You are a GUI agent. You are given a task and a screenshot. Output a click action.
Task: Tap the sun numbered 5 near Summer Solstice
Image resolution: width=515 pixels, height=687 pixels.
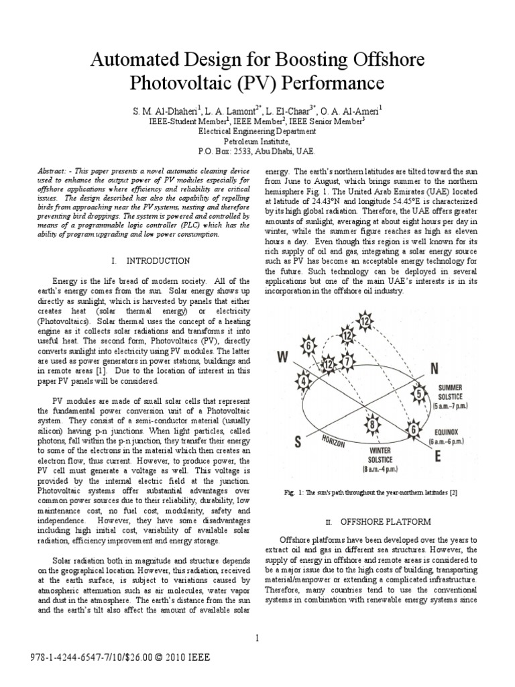[x=420, y=394]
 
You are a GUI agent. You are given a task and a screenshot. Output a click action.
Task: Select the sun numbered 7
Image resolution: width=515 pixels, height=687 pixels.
[x=347, y=362]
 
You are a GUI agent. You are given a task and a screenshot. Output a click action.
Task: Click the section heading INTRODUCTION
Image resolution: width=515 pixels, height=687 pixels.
[x=157, y=260]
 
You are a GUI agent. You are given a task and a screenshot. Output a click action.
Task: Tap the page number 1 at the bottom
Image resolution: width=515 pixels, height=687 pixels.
[x=256, y=638]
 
